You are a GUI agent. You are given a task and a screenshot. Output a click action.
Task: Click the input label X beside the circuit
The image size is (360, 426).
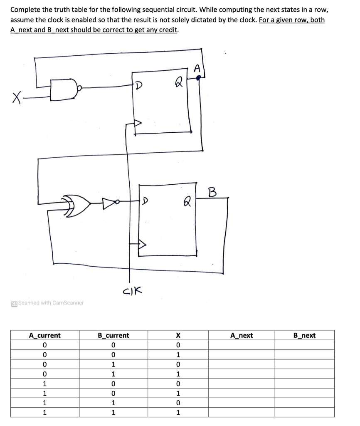click(x=16, y=99)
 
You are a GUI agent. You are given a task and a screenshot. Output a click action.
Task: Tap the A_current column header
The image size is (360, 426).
click(x=44, y=335)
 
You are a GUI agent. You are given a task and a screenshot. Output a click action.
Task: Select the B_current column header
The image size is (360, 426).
click(x=113, y=335)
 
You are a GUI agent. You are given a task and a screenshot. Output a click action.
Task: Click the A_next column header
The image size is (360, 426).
click(x=242, y=335)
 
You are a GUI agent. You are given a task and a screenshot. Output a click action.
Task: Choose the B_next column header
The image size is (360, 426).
click(x=304, y=335)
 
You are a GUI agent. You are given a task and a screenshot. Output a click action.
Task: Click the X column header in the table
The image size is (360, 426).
click(x=178, y=335)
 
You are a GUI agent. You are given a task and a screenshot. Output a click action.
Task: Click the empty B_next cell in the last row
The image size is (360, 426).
click(x=304, y=413)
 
